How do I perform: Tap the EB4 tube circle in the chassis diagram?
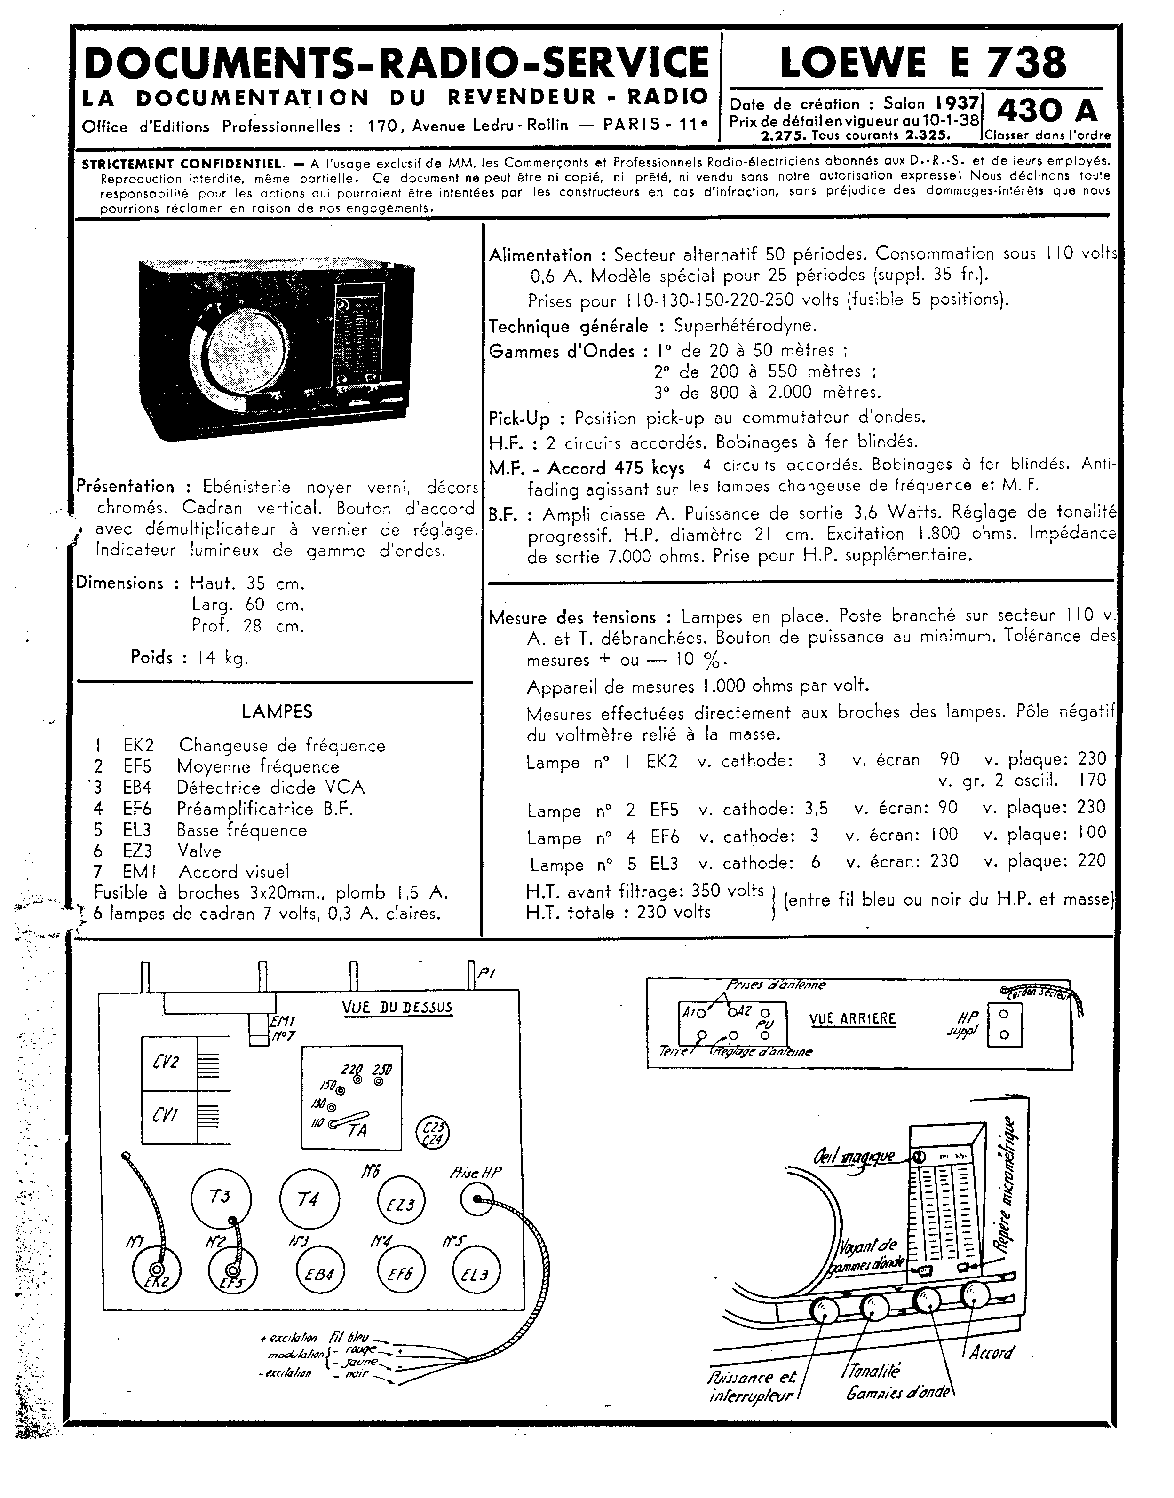(x=320, y=1275)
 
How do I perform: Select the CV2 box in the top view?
(x=168, y=1063)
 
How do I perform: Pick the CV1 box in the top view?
(x=168, y=1116)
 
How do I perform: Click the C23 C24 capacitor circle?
(x=433, y=1133)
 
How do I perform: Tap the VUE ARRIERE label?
(x=852, y=1018)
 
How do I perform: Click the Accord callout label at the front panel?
(x=991, y=1352)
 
